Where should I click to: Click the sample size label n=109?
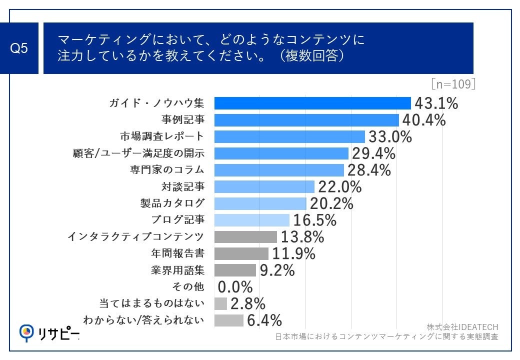[x=452, y=84]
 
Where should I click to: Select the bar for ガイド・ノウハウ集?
[x=312, y=103]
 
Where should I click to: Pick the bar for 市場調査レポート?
[x=289, y=136]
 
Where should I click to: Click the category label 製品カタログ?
[x=171, y=203]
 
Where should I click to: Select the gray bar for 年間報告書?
[x=241, y=253]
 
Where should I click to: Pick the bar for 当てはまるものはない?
[x=220, y=303]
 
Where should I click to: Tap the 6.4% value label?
[x=264, y=320]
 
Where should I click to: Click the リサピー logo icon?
[x=26, y=331]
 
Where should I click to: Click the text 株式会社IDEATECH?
[x=462, y=327]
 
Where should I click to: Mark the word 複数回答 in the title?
[x=313, y=55]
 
